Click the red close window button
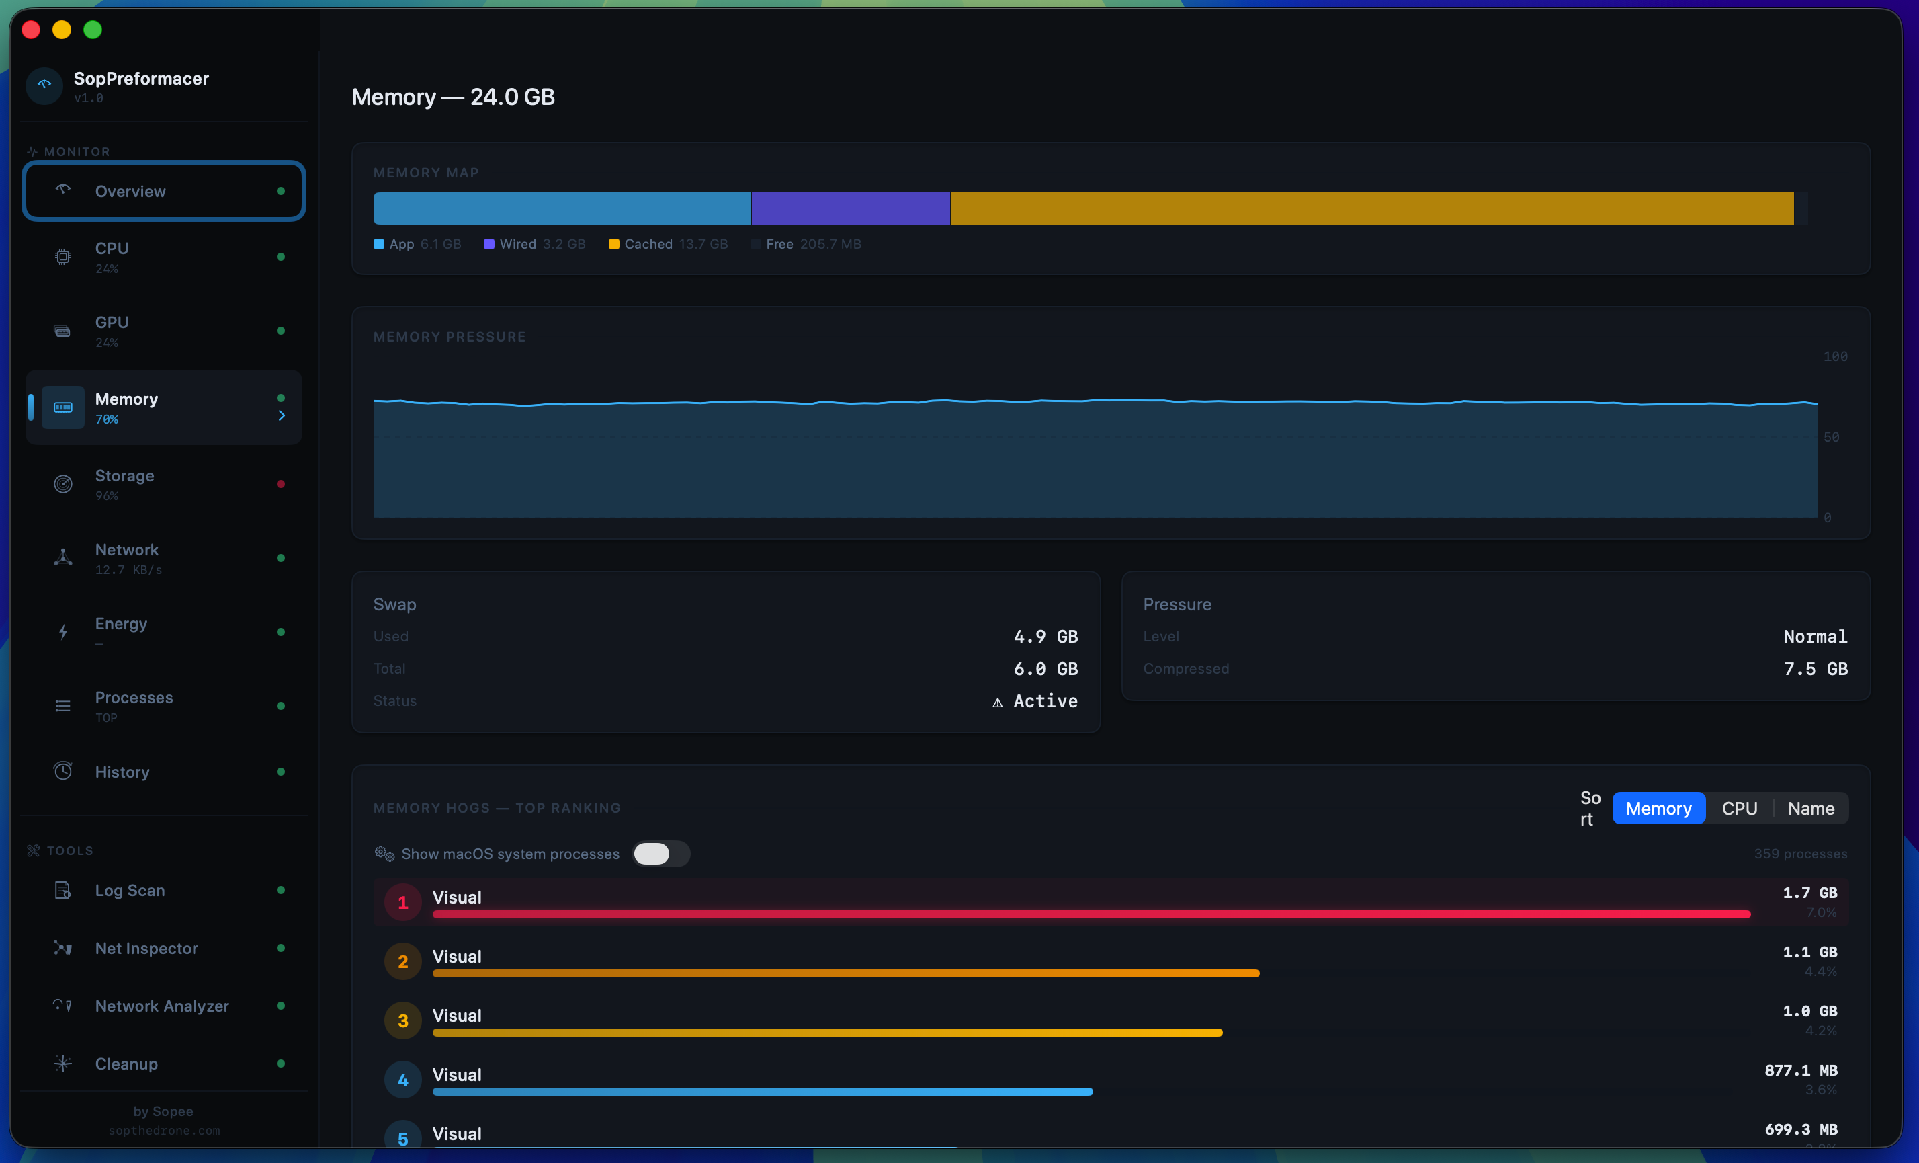[x=31, y=30]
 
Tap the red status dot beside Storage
[x=280, y=484]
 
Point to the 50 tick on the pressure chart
[x=1831, y=437]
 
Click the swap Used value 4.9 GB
[x=1046, y=637]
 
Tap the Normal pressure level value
[x=1815, y=637]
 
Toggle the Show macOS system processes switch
[x=660, y=854]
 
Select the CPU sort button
[x=1739, y=809]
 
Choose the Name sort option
[x=1811, y=809]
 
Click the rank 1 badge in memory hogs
[x=402, y=903]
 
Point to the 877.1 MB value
[x=1800, y=1070]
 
